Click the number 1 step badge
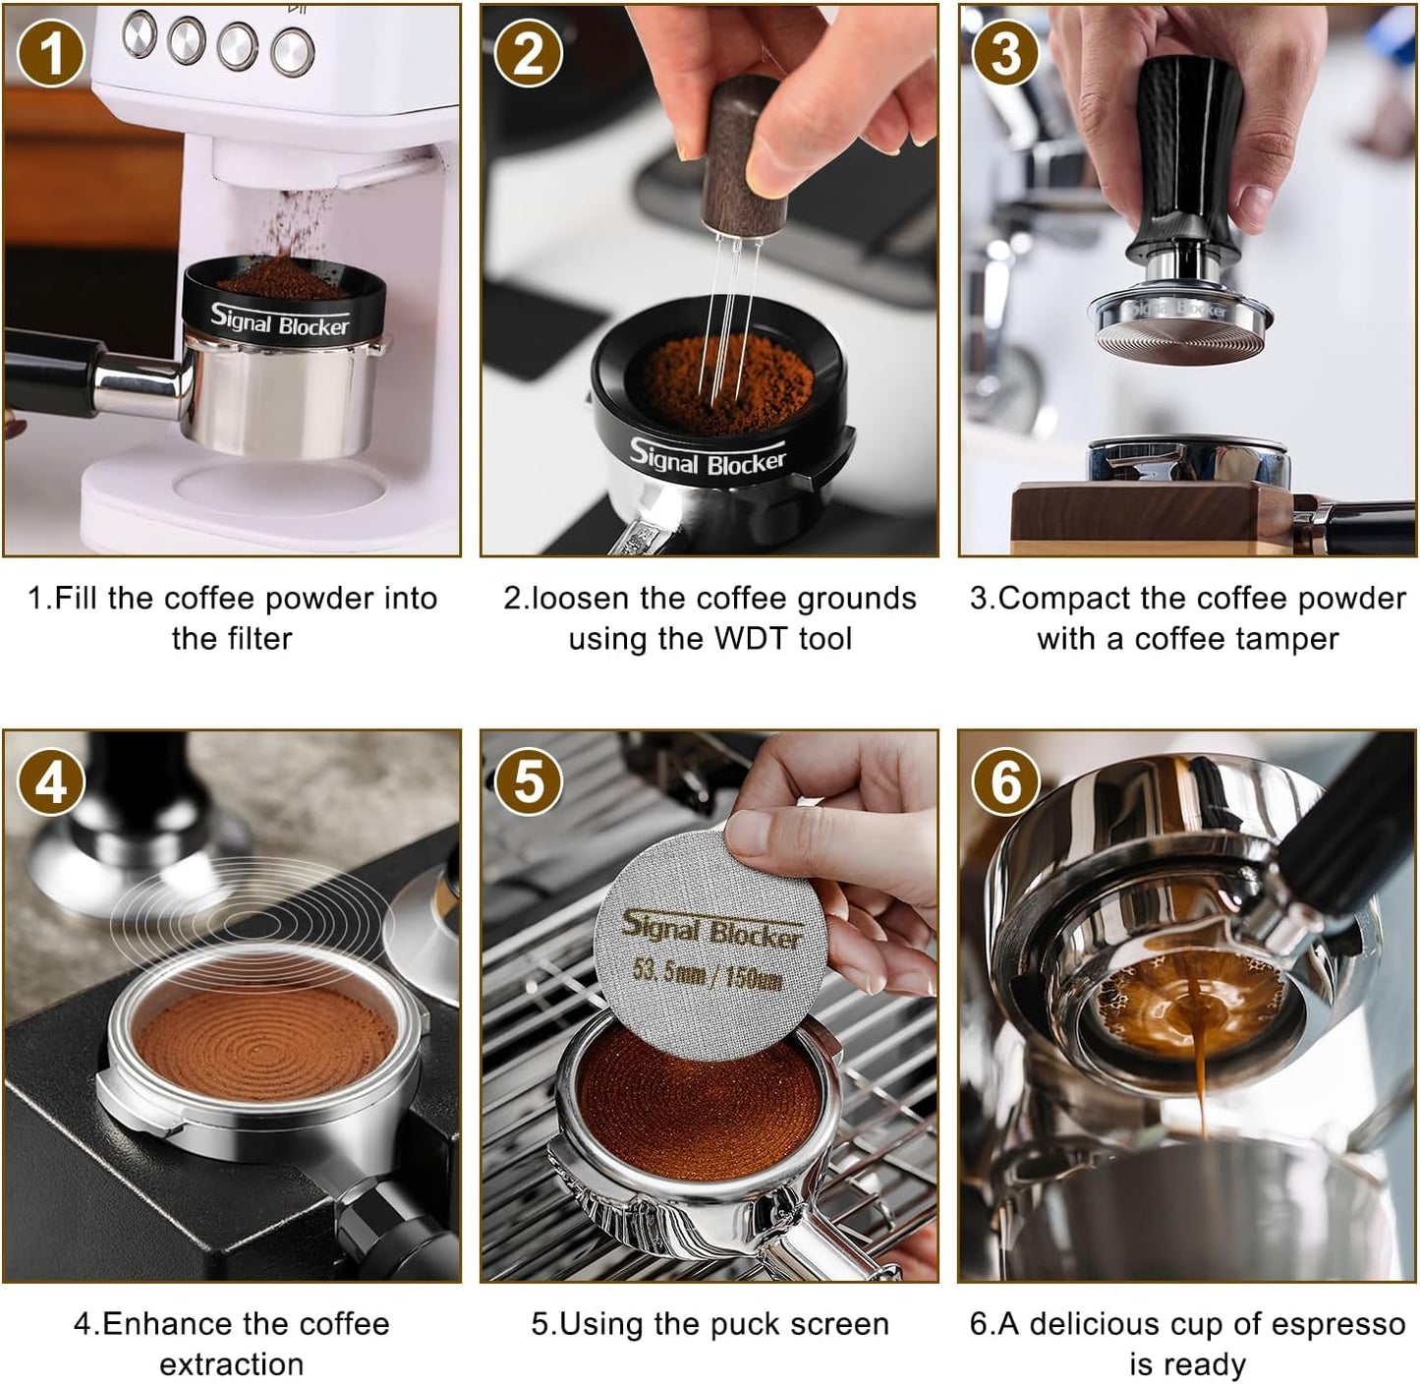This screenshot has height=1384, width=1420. pyautogui.click(x=50, y=54)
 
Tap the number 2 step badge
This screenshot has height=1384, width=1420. pyautogui.click(x=528, y=54)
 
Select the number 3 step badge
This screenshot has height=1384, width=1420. pyautogui.click(x=1005, y=54)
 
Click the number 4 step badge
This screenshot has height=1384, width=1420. pyautogui.click(x=50, y=783)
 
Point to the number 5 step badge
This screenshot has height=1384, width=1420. pyautogui.click(x=528, y=783)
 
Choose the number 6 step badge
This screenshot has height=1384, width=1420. pyautogui.click(x=1005, y=783)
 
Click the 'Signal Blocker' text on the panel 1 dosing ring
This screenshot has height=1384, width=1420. pyautogui.click(x=279, y=320)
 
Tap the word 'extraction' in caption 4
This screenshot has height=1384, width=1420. pyautogui.click(x=232, y=1364)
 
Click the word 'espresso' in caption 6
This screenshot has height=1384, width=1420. pyautogui.click(x=1342, y=1324)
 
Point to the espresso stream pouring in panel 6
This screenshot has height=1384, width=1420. pyautogui.click(x=1201, y=1071)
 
